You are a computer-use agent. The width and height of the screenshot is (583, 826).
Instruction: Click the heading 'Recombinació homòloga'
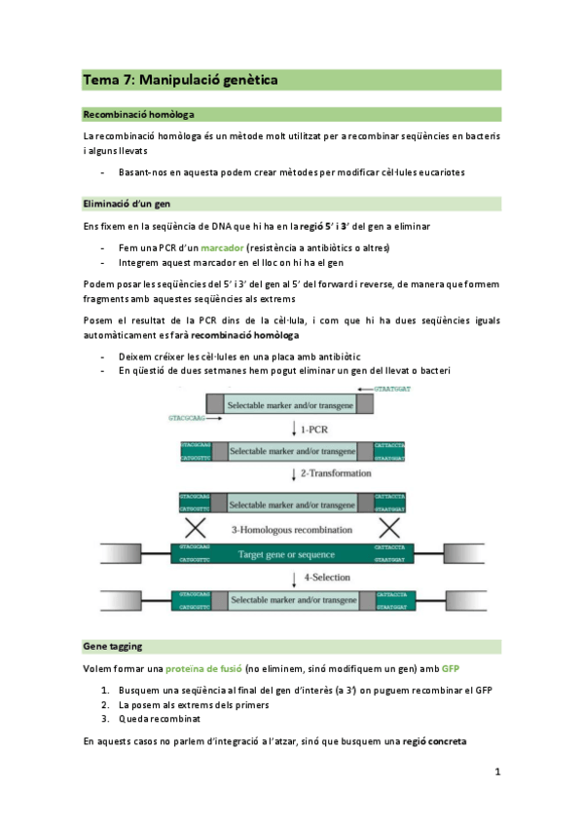(x=138, y=114)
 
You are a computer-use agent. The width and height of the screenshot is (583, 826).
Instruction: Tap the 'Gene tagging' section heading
(x=113, y=646)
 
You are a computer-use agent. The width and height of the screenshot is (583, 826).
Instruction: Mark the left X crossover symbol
(x=196, y=529)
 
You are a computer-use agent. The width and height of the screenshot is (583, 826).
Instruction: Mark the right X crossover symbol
(x=390, y=529)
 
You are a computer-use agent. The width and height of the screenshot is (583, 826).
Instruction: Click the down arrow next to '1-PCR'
(x=294, y=430)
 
